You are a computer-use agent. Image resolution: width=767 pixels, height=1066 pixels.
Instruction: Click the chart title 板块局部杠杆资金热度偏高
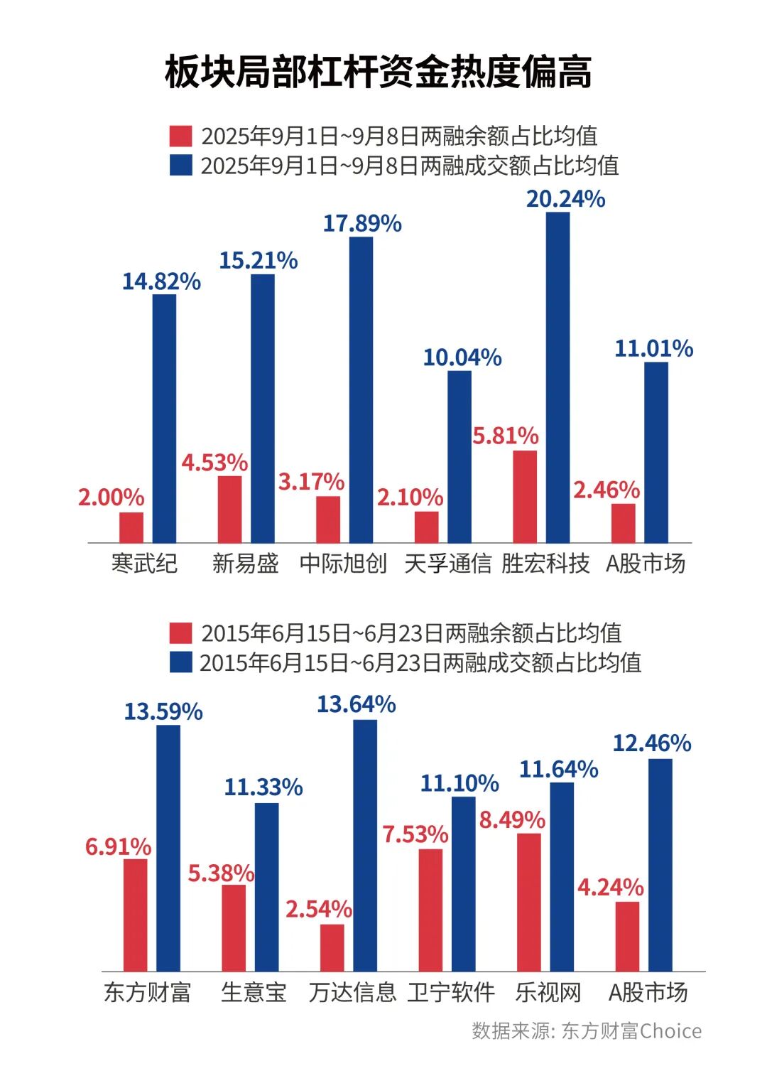[x=378, y=72]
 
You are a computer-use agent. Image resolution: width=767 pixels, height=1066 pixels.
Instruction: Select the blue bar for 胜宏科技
[x=557, y=377]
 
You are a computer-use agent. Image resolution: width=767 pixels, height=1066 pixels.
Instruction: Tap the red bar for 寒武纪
[x=131, y=527]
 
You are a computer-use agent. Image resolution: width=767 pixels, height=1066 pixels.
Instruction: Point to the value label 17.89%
[x=362, y=224]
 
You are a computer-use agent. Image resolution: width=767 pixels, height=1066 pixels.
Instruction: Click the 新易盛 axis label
[x=246, y=564]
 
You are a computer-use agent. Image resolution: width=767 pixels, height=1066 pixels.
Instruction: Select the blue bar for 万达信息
[x=365, y=846]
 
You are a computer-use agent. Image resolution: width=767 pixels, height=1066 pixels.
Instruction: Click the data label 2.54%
[x=319, y=909]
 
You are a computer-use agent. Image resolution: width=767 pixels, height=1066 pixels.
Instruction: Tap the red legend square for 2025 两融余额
[x=181, y=136]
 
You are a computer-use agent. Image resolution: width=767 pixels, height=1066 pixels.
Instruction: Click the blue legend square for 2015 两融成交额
[x=181, y=662]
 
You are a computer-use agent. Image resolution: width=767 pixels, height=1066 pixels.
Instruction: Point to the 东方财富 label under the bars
[x=148, y=992]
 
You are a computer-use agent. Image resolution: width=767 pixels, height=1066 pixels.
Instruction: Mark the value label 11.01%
[x=653, y=349]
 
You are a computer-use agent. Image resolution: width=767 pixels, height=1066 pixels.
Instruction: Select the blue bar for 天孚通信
[x=459, y=456]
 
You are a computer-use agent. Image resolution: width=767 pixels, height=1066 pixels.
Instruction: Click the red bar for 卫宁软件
[x=430, y=910]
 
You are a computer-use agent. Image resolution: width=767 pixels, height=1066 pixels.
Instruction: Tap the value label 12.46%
[x=652, y=743]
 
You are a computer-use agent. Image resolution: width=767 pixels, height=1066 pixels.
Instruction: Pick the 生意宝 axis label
[x=254, y=992]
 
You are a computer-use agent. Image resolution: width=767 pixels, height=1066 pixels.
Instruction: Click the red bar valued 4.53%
[x=230, y=509]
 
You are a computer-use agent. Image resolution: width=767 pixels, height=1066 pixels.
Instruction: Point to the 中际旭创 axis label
[x=344, y=564]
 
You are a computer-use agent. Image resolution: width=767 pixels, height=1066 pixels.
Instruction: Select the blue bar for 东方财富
[x=168, y=848]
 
